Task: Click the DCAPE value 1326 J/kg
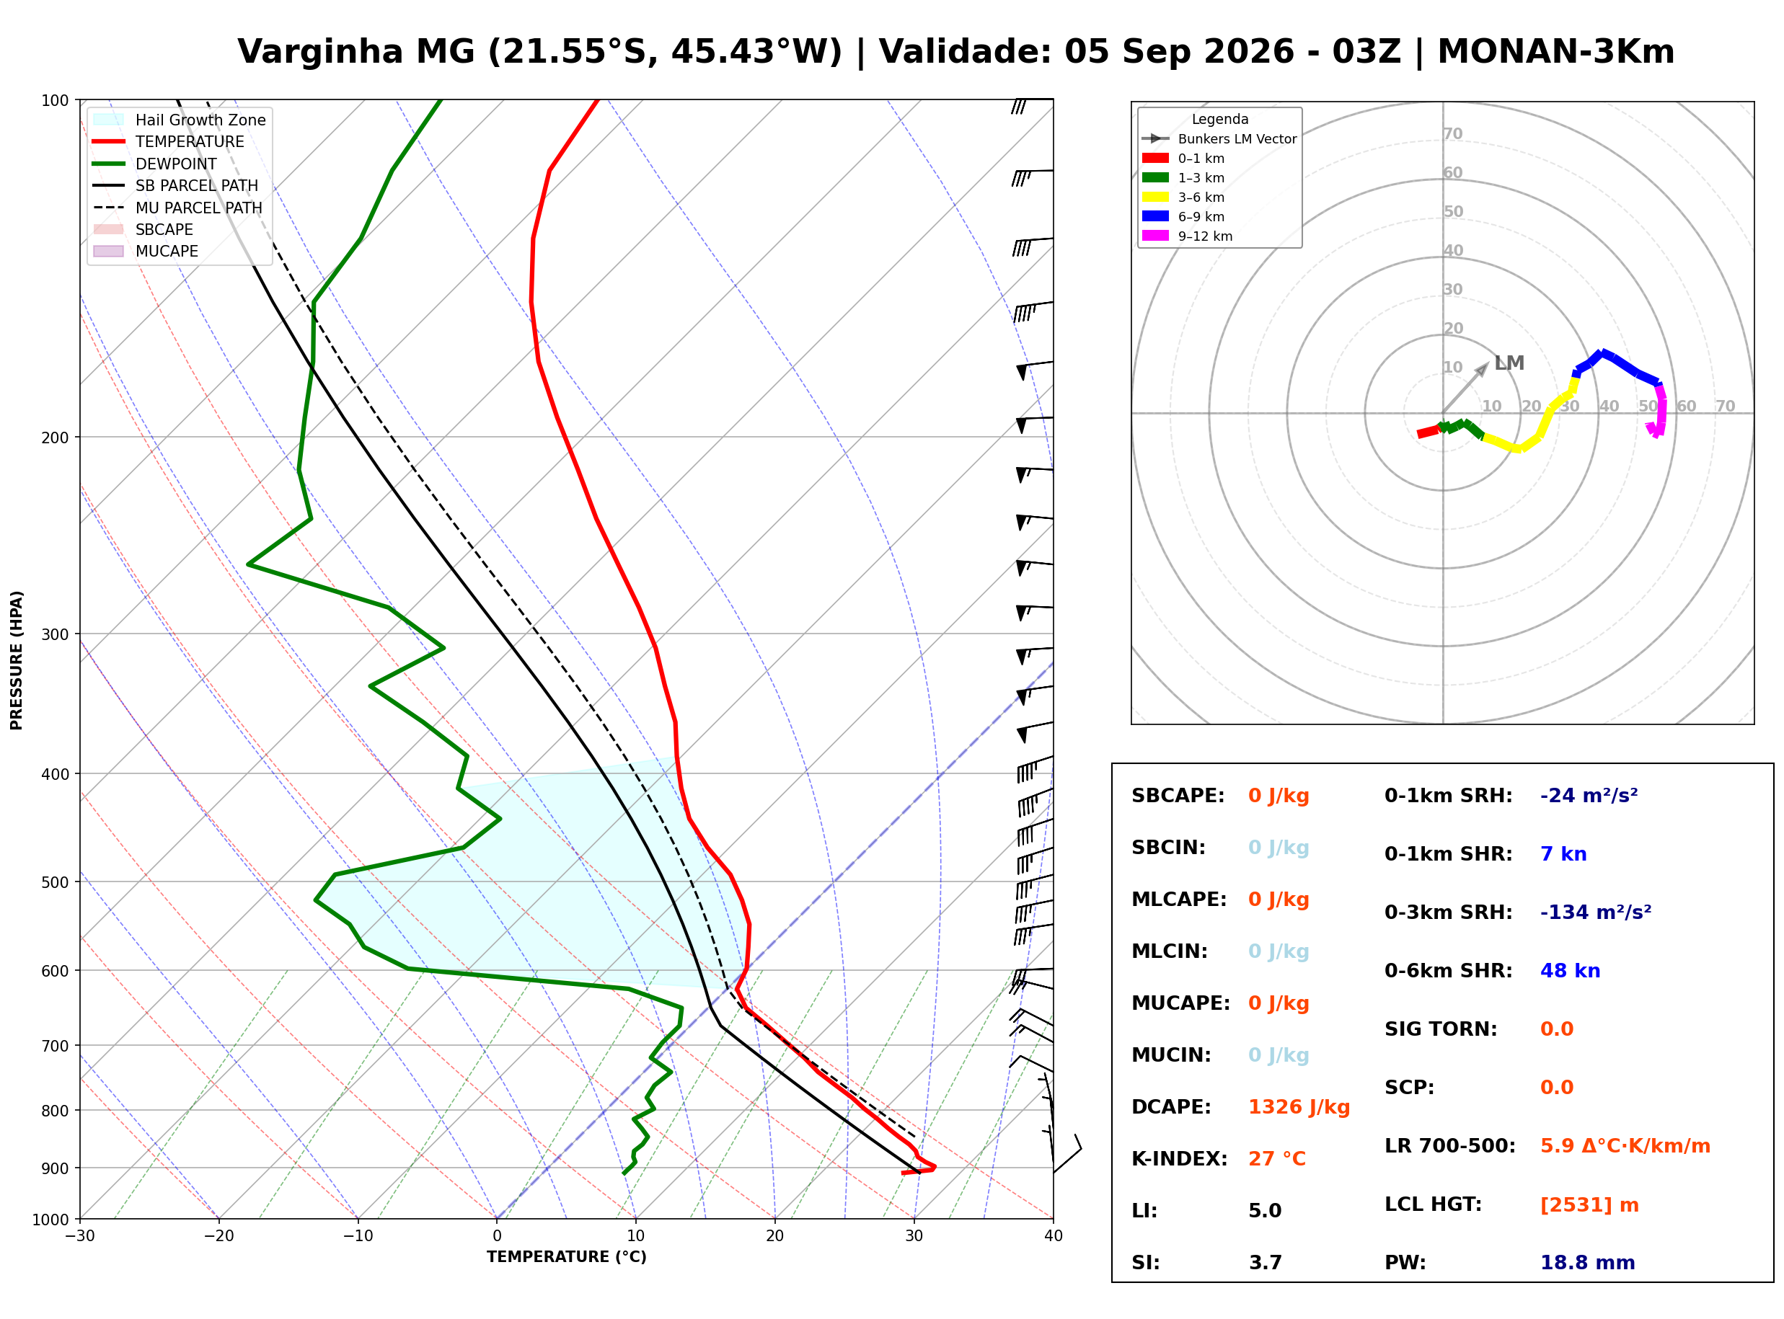tap(1299, 1107)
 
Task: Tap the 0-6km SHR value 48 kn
tap(1570, 971)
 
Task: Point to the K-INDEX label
tap(1180, 1159)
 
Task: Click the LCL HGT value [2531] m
tap(1589, 1205)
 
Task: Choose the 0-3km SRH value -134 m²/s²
tap(1596, 912)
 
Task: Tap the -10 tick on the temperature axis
tap(358, 1236)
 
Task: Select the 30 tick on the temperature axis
tap(914, 1236)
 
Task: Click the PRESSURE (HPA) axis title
tap(17, 660)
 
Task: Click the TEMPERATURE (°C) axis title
tap(567, 1257)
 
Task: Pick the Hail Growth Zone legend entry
tap(180, 120)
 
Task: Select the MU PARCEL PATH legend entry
tap(177, 208)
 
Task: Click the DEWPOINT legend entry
tap(155, 164)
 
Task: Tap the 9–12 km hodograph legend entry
tap(1188, 236)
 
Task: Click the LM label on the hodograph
tap(1509, 363)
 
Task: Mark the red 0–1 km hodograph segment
tap(1428, 432)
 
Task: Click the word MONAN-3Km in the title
tap(1555, 52)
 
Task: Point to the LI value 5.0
tap(1265, 1211)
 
